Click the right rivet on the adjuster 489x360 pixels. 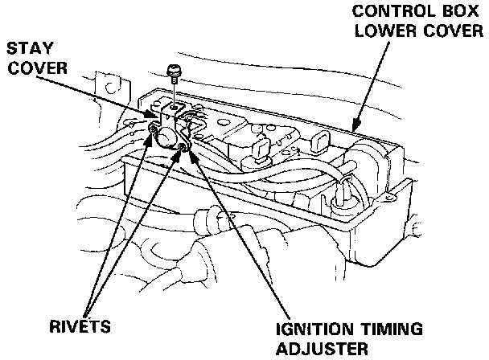click(x=185, y=145)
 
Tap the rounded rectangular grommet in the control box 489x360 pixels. click(x=318, y=141)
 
